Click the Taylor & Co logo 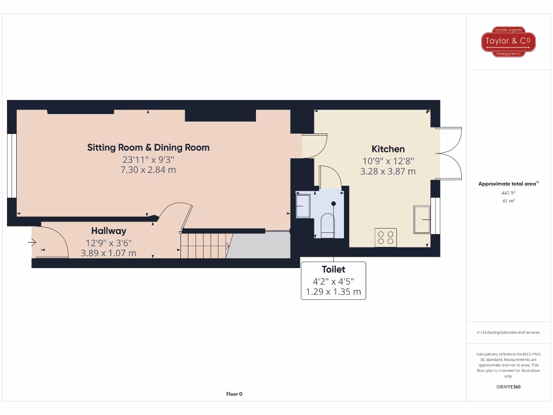[x=508, y=42]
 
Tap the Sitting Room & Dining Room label [x=149, y=148]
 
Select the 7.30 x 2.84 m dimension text [x=149, y=170]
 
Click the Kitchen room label [x=388, y=149]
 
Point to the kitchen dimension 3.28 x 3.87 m [x=388, y=172]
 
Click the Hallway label [x=109, y=231]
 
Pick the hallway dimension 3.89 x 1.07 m [x=109, y=252]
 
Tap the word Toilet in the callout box [x=333, y=269]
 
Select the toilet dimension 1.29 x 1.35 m [x=333, y=292]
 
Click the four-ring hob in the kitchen [x=386, y=237]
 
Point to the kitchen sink [x=422, y=219]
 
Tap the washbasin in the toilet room [x=302, y=205]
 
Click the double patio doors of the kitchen [x=449, y=153]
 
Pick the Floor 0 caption [x=234, y=394]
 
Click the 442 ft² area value [x=508, y=192]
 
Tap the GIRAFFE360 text [x=508, y=386]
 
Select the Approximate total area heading [x=508, y=184]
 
